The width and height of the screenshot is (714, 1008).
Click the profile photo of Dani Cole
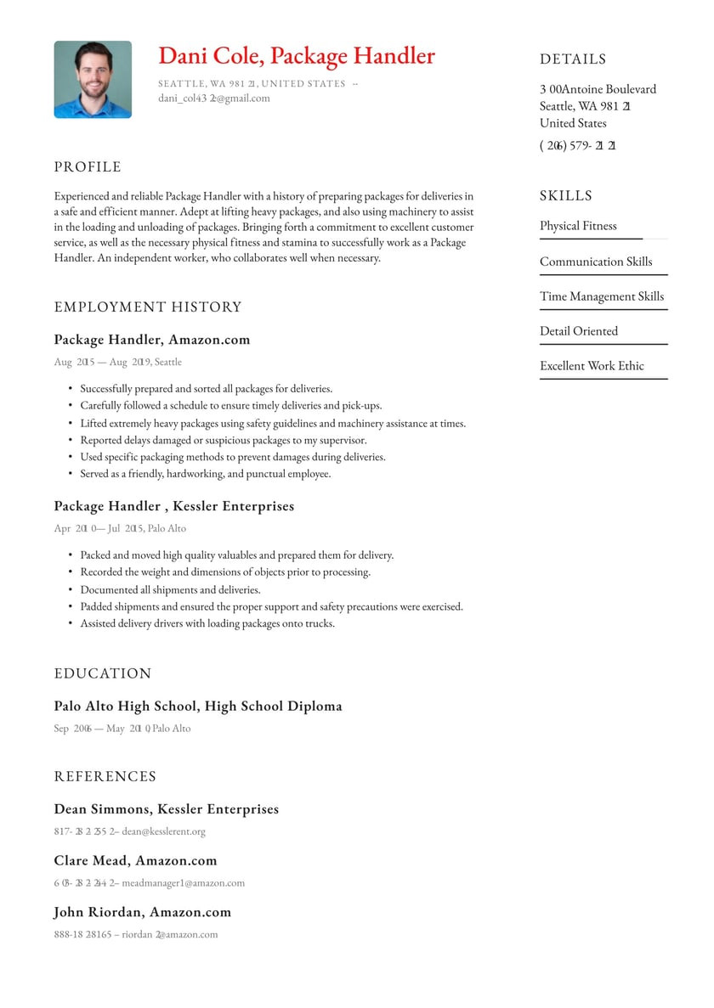click(93, 79)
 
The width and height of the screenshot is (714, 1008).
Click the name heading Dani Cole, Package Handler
click(296, 56)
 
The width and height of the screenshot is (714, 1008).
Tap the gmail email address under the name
click(214, 99)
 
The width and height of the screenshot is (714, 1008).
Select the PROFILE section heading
click(88, 167)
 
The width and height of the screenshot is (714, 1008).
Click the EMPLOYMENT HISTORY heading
click(148, 307)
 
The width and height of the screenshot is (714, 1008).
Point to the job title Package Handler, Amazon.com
click(152, 340)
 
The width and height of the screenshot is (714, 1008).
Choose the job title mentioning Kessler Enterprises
click(174, 506)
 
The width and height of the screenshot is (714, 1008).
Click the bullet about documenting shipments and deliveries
click(170, 589)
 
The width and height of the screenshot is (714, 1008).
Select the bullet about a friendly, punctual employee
click(205, 474)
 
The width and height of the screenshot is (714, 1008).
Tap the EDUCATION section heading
click(103, 673)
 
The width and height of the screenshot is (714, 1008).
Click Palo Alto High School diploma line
click(198, 706)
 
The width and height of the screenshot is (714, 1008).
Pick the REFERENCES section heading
click(105, 776)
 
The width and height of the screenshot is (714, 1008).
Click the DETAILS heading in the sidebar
click(573, 59)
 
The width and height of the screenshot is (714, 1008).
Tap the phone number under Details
click(578, 145)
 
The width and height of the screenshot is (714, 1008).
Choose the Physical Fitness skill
click(578, 226)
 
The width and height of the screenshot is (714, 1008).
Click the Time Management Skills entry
click(602, 296)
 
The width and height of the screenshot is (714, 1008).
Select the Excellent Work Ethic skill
click(592, 366)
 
